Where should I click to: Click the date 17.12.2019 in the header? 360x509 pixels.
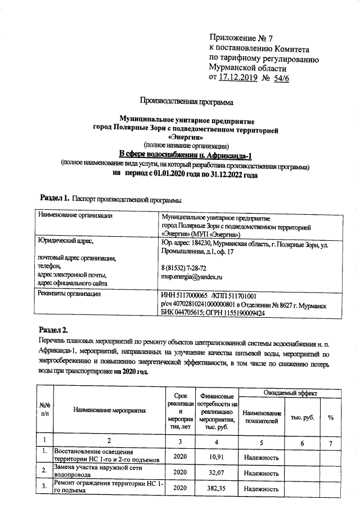click(x=237, y=77)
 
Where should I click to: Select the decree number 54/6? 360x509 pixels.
click(x=280, y=77)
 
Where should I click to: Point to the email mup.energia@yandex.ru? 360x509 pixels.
click(x=192, y=277)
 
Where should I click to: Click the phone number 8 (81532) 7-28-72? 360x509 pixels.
click(x=183, y=268)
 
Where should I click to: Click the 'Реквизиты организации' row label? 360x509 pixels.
click(x=69, y=293)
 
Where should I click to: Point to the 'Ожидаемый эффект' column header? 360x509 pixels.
click(x=289, y=392)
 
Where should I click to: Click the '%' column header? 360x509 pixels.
click(x=331, y=417)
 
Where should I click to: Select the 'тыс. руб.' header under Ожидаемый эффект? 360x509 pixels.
click(x=303, y=417)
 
